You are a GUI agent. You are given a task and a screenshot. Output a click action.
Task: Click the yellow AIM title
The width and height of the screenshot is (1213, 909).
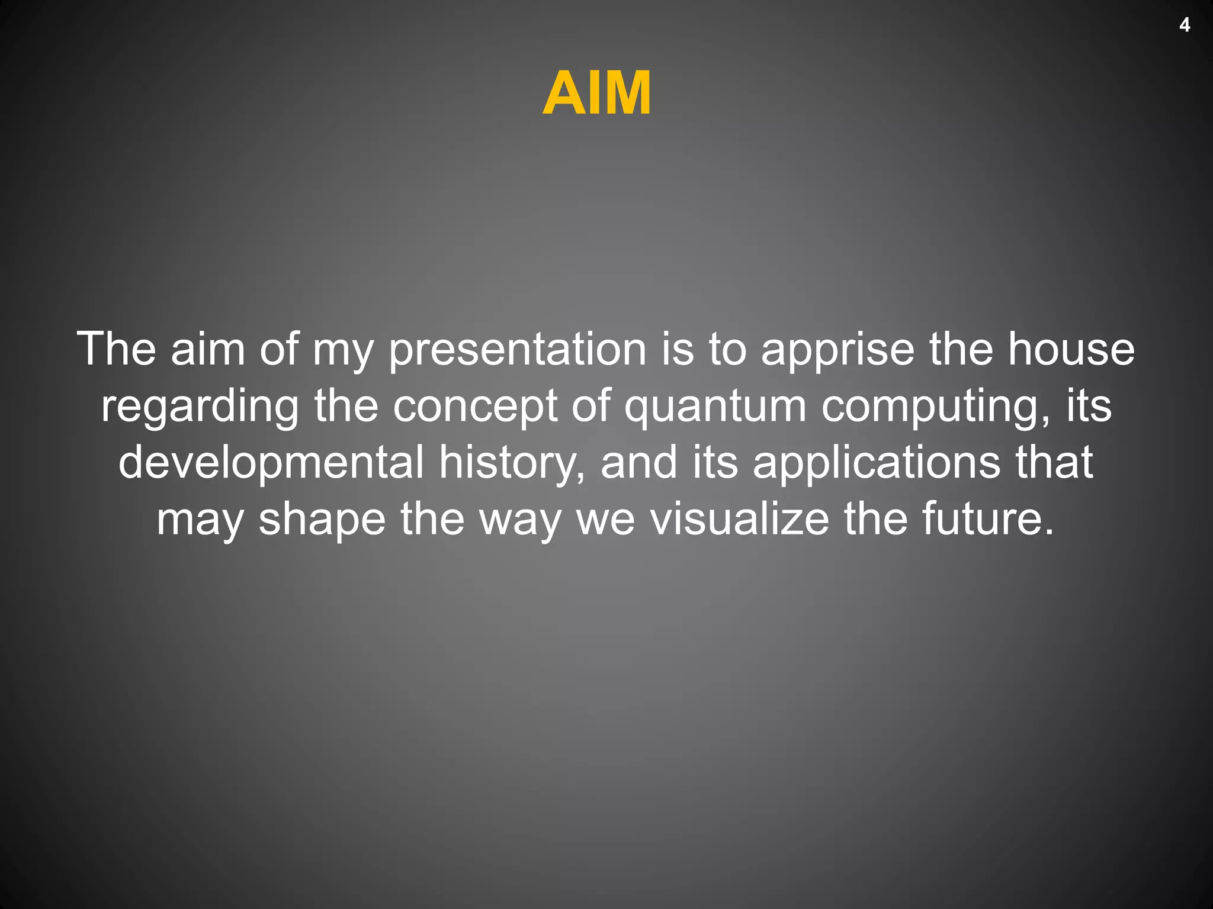(x=596, y=94)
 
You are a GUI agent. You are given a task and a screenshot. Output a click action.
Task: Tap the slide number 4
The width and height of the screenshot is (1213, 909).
(x=1185, y=25)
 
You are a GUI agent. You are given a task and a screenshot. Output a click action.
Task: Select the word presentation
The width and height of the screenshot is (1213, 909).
(x=517, y=350)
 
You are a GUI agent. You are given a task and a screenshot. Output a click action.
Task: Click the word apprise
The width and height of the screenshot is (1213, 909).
(x=837, y=350)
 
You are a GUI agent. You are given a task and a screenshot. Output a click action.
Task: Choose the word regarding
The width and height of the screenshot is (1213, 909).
(x=200, y=407)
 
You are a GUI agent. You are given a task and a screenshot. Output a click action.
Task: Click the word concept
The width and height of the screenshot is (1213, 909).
(x=475, y=407)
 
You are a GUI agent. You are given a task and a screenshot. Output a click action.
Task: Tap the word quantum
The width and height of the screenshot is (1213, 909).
(x=715, y=407)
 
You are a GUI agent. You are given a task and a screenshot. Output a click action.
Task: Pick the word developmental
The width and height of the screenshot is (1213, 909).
(x=271, y=463)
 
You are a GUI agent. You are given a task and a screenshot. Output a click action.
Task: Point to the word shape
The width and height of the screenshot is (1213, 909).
(x=322, y=520)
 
